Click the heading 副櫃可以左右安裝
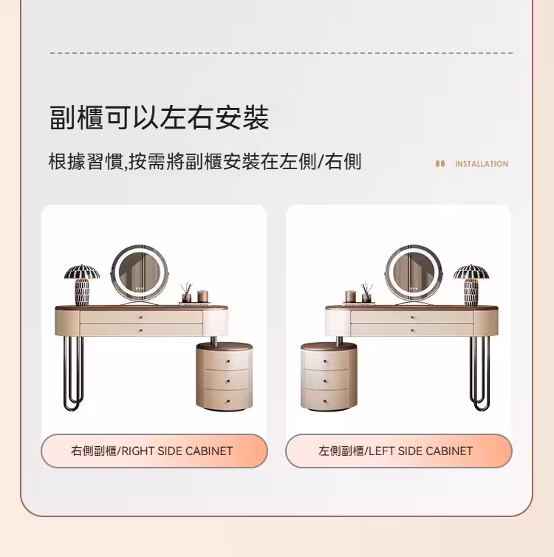[x=159, y=118]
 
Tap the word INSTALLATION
[x=482, y=164]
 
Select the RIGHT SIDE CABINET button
[x=154, y=451]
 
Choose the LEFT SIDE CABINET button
[x=398, y=451]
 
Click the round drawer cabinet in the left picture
[x=224, y=377]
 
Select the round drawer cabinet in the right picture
[x=328, y=377]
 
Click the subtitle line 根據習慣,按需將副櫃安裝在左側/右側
[x=205, y=162]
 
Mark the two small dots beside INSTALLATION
[x=440, y=164]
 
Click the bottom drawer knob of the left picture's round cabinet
[x=228, y=400]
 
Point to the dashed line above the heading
[x=281, y=53]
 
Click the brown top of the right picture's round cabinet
[x=329, y=345]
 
